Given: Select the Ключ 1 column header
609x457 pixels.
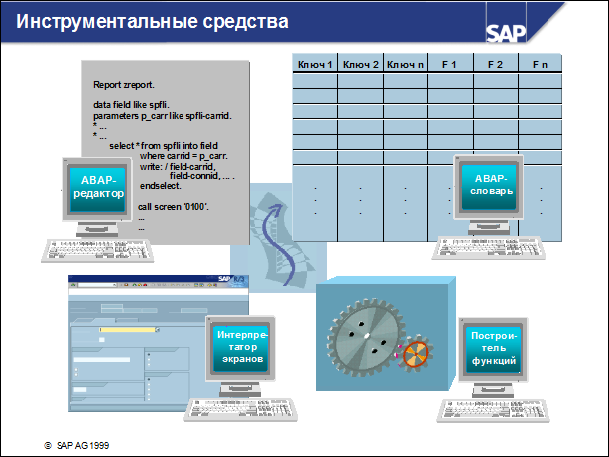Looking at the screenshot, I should click(x=315, y=64).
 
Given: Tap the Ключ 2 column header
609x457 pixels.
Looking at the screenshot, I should click(x=360, y=64).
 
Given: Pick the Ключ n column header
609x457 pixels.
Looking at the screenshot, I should click(x=406, y=64).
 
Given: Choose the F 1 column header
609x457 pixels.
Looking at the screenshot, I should click(x=448, y=64).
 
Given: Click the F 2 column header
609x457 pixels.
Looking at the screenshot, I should click(x=495, y=64).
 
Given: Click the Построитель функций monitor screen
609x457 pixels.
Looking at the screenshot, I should click(x=493, y=349).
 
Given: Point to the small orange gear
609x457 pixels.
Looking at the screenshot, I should click(x=419, y=354).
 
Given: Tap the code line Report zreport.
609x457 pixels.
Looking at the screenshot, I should click(x=117, y=85).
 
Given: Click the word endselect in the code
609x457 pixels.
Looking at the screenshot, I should click(x=162, y=186).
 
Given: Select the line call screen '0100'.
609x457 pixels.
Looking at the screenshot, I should click(x=172, y=206).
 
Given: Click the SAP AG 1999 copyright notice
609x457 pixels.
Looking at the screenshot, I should click(x=76, y=446).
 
